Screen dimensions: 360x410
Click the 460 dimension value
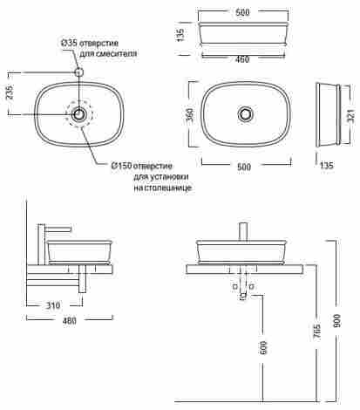242,59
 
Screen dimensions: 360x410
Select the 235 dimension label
10,92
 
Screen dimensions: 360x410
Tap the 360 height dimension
189,115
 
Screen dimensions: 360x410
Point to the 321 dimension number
351,116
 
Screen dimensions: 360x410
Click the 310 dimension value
53,305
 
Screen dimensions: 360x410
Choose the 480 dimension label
70,320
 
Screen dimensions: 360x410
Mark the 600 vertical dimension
263,348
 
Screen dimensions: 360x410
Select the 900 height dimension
336,321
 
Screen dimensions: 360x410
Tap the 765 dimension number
317,331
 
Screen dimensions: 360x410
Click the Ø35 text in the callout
69,43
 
